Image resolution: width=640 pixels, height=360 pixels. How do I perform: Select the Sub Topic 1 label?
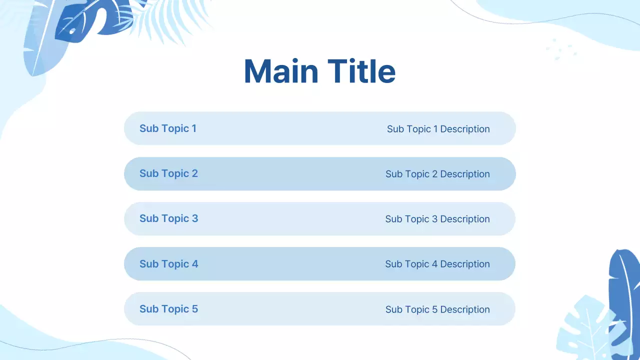pos(168,128)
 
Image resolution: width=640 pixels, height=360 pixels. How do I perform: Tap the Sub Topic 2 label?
pos(168,173)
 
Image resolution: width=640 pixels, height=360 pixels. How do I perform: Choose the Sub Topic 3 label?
pos(168,218)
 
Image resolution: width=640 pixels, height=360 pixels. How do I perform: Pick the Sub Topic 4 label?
pos(168,264)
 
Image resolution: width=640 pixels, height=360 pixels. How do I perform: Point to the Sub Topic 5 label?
pos(168,309)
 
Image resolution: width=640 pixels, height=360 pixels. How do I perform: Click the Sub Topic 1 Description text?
pos(438,129)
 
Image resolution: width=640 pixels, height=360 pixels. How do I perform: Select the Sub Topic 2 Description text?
pos(437,174)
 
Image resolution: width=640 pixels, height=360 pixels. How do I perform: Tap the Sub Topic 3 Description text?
pos(437,219)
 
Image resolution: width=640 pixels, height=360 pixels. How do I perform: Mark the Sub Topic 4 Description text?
pos(437,264)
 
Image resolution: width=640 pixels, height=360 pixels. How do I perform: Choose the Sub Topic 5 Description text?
pos(437,309)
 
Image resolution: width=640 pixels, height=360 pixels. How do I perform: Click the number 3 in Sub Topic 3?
pos(195,218)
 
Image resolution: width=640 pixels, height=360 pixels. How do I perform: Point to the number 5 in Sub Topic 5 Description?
pos(435,309)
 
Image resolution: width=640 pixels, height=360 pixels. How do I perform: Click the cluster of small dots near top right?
pos(561,49)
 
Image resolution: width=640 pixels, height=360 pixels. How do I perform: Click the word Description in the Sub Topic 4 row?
pos(465,264)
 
